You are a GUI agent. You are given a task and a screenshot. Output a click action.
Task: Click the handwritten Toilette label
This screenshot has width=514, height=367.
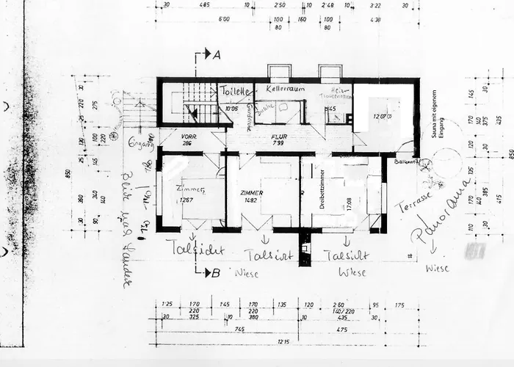(236, 91)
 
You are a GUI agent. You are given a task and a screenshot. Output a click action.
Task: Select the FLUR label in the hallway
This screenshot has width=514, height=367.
(279, 136)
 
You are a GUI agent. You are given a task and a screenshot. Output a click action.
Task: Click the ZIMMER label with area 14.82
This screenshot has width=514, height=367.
(251, 192)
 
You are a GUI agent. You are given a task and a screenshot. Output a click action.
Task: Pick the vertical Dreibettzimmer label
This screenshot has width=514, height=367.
(322, 190)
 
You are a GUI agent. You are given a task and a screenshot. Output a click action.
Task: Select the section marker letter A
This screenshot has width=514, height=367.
(217, 54)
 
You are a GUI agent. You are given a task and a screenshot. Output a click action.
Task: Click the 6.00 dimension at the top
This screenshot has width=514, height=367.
(225, 20)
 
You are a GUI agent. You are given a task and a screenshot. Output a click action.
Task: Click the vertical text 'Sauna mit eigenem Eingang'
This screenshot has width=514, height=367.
(434, 128)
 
